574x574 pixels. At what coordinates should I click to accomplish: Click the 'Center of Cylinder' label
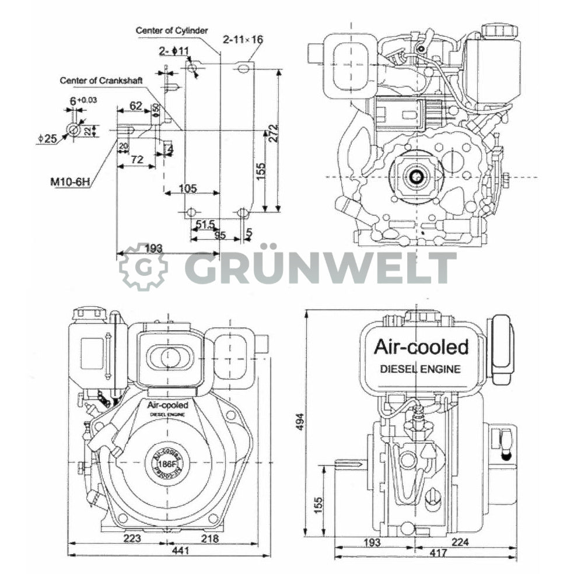[x=171, y=30]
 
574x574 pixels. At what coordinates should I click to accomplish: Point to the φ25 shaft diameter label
[x=47, y=138]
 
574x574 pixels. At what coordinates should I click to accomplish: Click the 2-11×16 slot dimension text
[x=243, y=40]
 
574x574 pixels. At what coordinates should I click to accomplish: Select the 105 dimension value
[x=187, y=188]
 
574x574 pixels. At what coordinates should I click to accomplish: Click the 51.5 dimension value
[x=205, y=224]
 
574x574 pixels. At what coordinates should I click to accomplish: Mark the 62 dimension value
[x=135, y=106]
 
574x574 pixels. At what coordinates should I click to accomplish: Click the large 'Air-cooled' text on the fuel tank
[x=421, y=347]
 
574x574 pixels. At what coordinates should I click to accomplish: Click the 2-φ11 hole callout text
[x=174, y=51]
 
